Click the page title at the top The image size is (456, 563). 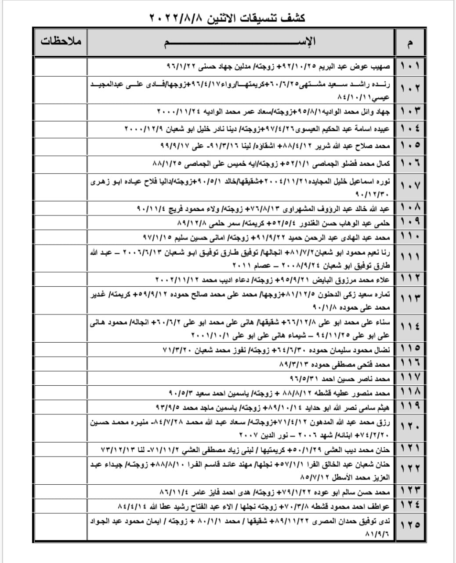coord(227,18)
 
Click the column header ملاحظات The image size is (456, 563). coord(61,42)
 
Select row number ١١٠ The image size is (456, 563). coord(410,238)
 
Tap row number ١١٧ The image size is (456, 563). coord(410,378)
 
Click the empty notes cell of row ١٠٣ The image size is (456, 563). coord(61,110)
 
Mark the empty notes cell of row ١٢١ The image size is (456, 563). coord(61,450)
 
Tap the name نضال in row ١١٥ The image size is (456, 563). coord(382,351)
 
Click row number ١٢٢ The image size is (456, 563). coord(410,471)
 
